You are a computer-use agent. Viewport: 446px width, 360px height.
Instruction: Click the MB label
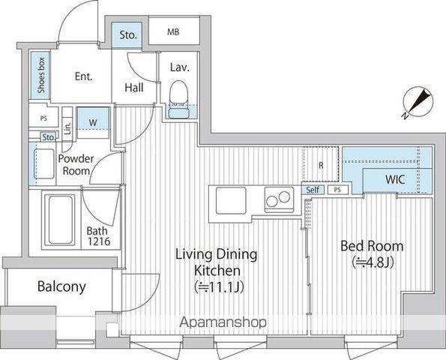coord(173,31)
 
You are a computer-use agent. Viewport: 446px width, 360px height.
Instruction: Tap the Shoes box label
coord(41,75)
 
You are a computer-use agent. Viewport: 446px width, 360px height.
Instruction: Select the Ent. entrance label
coord(84,76)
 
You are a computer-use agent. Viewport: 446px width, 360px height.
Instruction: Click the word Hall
coord(134,87)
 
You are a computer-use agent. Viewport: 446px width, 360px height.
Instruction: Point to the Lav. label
coord(180,67)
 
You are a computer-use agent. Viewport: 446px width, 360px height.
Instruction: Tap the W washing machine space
coord(93,123)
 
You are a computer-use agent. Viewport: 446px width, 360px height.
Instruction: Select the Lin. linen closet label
coord(67,129)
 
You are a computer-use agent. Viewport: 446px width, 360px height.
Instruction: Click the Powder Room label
coord(76,165)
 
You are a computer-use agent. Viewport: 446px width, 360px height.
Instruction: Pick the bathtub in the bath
coord(60,220)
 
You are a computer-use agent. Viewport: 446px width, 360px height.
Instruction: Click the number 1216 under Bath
coord(99,241)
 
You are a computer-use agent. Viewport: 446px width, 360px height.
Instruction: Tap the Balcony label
coord(61,286)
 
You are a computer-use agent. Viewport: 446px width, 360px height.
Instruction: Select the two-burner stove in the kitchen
coord(279,199)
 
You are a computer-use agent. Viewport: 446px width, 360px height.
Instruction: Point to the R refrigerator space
coord(321,164)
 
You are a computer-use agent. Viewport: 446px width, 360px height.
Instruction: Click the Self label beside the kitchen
coord(313,190)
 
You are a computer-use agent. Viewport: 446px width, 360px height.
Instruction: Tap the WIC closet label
coord(395,179)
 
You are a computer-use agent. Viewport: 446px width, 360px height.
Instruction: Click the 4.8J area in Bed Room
coord(373,262)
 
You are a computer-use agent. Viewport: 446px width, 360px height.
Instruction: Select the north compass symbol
coord(418,102)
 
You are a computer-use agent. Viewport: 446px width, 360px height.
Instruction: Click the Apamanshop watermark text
coord(223,322)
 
